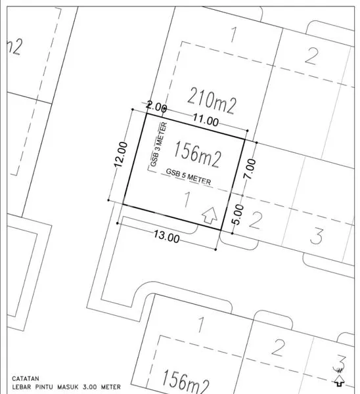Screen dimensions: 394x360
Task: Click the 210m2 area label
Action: [x=212, y=100]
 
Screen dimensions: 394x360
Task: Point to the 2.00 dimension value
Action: [x=156, y=106]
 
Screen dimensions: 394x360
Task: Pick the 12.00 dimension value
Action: [x=120, y=155]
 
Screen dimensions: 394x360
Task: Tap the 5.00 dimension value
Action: [x=238, y=213]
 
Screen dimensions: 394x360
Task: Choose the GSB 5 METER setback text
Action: [x=189, y=178]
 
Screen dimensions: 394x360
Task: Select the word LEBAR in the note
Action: [x=24, y=387]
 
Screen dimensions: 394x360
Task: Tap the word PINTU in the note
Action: [x=56, y=387]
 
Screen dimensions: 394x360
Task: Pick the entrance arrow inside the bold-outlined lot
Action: [x=209, y=215]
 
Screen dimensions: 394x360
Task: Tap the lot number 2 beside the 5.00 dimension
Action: [x=257, y=219]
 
